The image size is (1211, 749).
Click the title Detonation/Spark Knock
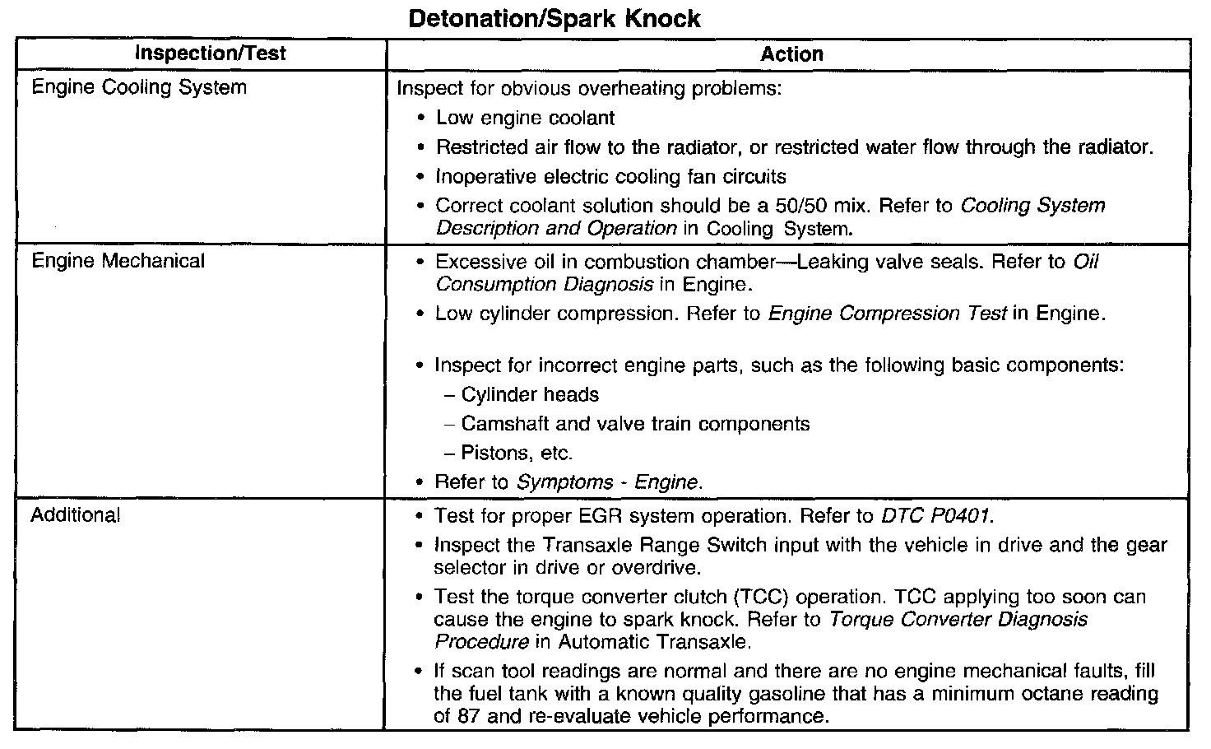click(554, 19)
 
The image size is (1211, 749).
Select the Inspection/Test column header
click(210, 54)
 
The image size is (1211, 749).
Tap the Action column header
click(791, 54)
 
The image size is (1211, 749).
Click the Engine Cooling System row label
click(138, 87)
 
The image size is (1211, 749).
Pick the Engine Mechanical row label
click(118, 261)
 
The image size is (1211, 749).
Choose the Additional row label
click(75, 515)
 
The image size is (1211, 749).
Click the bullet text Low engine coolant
click(525, 118)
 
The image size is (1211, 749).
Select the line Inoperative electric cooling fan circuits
click(610, 176)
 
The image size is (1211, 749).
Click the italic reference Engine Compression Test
click(887, 314)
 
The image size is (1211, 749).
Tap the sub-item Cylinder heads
click(530, 394)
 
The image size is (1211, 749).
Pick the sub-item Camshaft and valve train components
click(635, 424)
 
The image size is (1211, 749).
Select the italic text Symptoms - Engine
click(609, 482)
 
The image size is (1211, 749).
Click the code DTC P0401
click(936, 516)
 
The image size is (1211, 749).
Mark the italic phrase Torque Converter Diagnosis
click(958, 619)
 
